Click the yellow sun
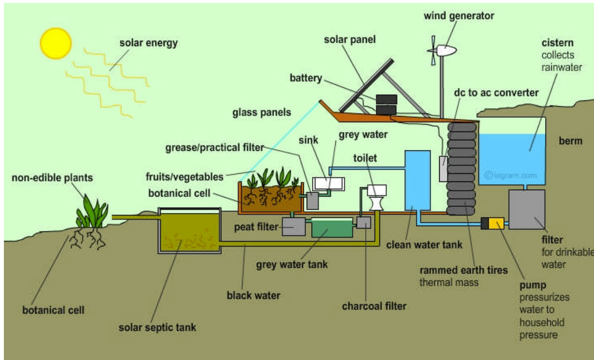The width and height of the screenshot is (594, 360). [x=56, y=43]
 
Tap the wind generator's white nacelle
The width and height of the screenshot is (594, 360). [x=446, y=50]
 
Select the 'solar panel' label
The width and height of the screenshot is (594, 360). [x=350, y=40]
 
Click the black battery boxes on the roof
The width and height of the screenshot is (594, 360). [x=386, y=104]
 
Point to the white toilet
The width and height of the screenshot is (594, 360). [x=377, y=198]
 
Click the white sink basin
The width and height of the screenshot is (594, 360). [x=329, y=184]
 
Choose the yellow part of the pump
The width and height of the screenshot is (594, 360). [x=496, y=223]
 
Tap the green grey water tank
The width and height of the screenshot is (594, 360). [x=332, y=228]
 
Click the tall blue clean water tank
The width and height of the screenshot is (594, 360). [x=417, y=180]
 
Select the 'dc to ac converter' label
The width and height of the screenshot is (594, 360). [x=496, y=93]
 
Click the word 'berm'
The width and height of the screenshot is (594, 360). [x=570, y=141]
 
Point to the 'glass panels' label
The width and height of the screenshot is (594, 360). [x=262, y=113]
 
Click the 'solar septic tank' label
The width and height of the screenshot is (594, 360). [x=157, y=327]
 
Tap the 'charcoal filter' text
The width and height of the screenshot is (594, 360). [x=374, y=306]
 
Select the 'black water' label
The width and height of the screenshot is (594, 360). [x=253, y=295]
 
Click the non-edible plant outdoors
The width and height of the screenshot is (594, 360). [x=92, y=213]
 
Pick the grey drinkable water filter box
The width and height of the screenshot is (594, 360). [x=527, y=209]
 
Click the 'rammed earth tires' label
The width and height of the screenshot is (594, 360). [x=463, y=270]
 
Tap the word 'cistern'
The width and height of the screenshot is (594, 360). [x=558, y=43]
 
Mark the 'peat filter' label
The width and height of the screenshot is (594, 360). [x=256, y=227]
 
